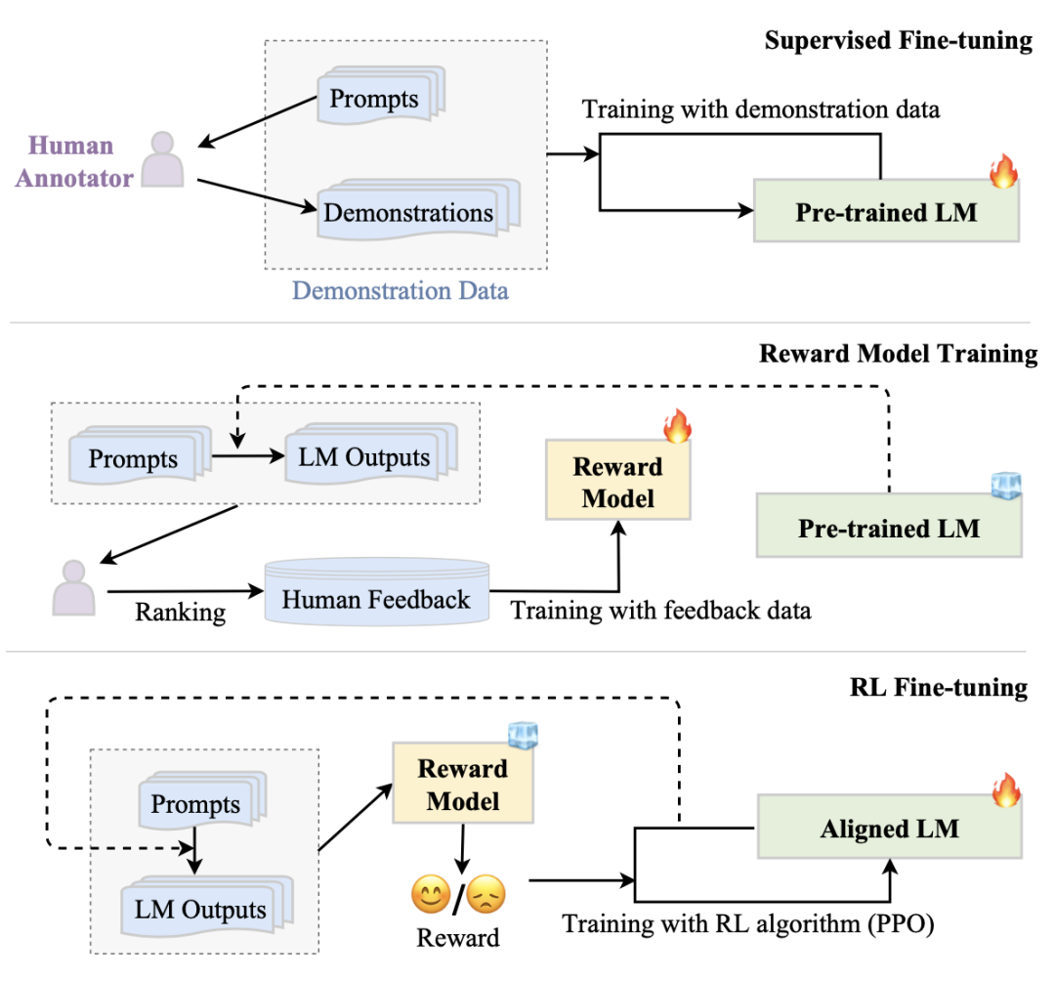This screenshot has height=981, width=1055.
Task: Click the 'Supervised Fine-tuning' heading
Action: coord(898,41)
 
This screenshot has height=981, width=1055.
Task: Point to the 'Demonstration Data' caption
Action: coord(401,290)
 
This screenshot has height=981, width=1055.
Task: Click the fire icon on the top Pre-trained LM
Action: coord(1003,173)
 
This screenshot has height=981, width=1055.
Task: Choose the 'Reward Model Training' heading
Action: coord(898,354)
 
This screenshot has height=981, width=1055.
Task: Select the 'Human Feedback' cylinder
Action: coord(376,598)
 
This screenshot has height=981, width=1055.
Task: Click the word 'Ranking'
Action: coord(180,613)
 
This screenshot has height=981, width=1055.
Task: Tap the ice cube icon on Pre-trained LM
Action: coord(1005,486)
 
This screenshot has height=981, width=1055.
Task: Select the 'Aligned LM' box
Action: coord(890,829)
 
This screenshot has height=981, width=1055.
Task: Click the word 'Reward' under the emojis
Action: coord(458,937)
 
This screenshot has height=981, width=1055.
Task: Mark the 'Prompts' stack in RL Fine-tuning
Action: coord(195,804)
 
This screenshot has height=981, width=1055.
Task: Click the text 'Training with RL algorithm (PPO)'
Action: coord(748,922)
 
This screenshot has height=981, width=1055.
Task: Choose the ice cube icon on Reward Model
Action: coord(523,735)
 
